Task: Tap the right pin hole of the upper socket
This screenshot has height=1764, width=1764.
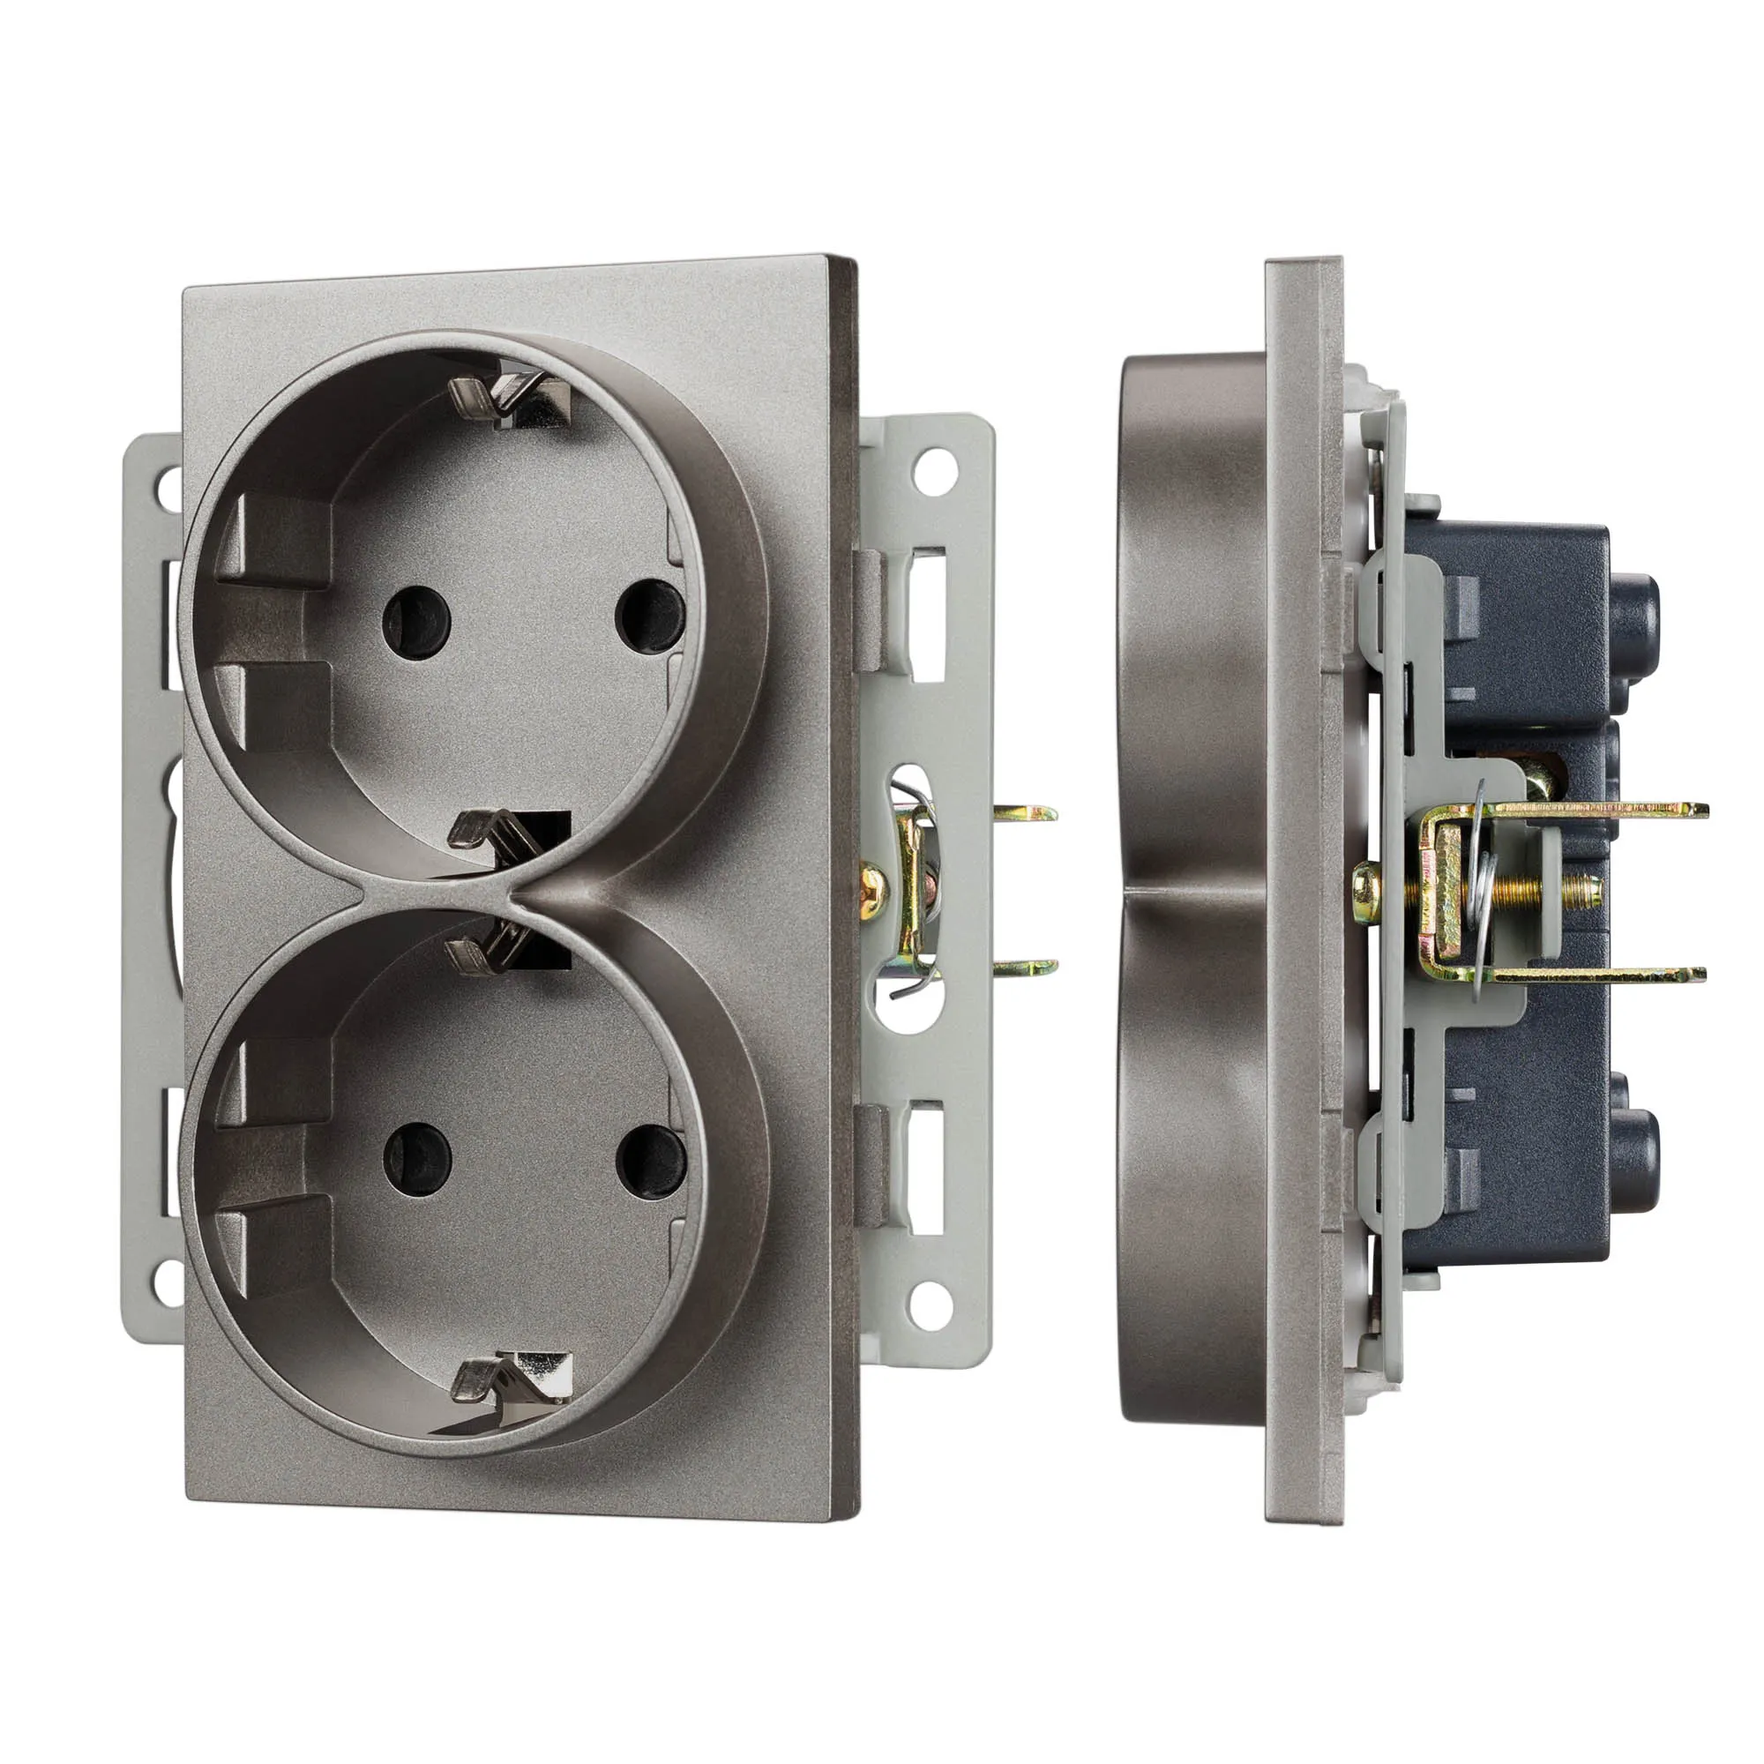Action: click(650, 615)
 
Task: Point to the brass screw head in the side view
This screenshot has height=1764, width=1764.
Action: click(1366, 883)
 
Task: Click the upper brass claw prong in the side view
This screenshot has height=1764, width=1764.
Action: click(1607, 809)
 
